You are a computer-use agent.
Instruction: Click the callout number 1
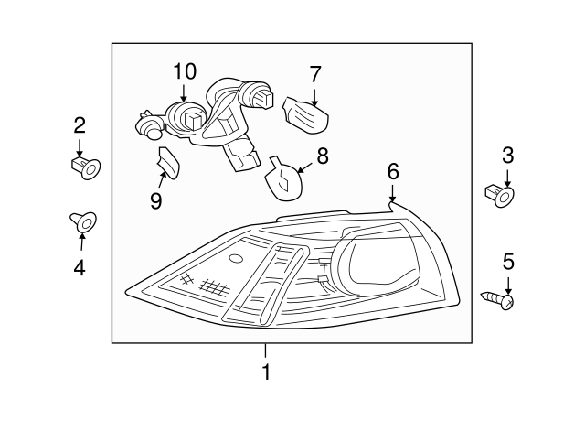(x=266, y=372)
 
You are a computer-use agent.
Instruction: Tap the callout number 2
(x=80, y=124)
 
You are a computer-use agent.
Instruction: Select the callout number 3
(x=507, y=156)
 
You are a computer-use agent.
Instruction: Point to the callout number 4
(x=80, y=267)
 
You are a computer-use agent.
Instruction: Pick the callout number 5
(x=508, y=262)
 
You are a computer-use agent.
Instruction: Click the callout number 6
(x=393, y=170)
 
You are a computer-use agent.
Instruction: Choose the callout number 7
(x=315, y=73)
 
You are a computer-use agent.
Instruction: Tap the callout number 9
(x=156, y=200)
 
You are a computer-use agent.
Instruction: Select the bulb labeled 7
(x=305, y=114)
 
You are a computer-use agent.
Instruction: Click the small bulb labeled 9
(x=168, y=164)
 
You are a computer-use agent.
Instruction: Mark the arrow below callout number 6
(x=392, y=193)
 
